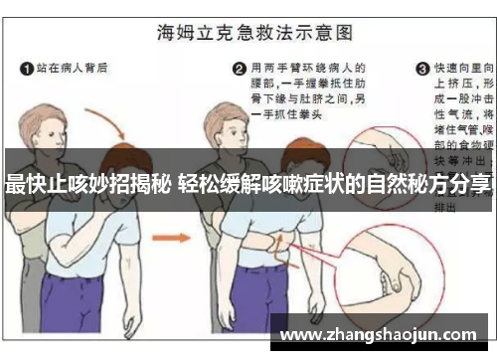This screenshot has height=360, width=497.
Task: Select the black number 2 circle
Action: point(239,69)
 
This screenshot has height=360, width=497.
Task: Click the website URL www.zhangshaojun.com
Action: point(383,333)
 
